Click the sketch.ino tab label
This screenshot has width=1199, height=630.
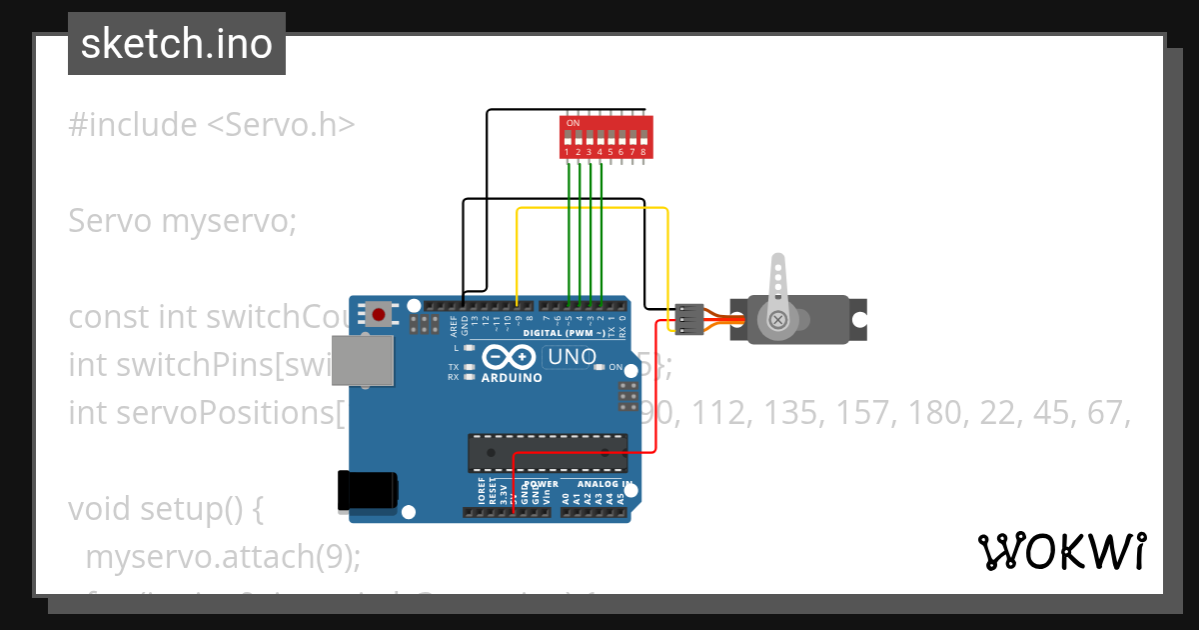177,44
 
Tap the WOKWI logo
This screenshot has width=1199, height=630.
1062,551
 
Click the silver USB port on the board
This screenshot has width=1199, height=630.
362,360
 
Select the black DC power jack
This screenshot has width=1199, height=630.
367,490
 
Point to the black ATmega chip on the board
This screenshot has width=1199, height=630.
549,452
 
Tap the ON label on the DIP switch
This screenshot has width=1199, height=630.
573,123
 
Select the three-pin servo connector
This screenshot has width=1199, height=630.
688,320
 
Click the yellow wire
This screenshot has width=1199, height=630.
590,209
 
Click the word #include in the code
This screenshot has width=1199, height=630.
133,125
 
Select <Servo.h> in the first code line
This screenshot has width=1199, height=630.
281,125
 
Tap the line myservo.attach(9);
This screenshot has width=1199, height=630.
223,557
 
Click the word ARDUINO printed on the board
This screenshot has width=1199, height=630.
512,378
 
